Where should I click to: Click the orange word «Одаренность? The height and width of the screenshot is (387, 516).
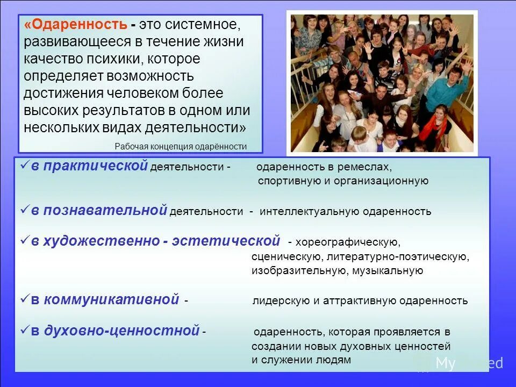(x=75, y=24)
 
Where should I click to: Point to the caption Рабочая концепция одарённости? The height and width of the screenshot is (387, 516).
(x=181, y=146)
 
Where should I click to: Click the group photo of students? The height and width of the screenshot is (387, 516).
(x=382, y=82)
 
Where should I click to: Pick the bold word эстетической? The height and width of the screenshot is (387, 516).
(x=226, y=241)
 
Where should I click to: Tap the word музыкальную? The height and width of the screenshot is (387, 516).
(x=388, y=271)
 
